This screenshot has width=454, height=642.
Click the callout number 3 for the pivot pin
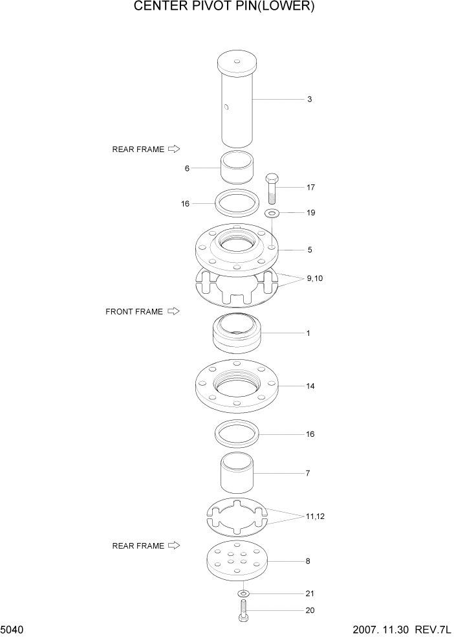point(310,99)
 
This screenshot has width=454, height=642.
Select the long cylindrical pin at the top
point(237,104)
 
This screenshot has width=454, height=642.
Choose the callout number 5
point(310,249)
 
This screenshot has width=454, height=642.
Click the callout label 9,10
point(315,278)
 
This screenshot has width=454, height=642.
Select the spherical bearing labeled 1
point(237,333)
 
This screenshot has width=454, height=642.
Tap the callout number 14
point(310,386)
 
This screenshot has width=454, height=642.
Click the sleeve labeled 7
point(237,474)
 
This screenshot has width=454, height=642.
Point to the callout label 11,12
point(316,516)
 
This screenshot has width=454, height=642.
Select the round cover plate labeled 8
point(237,562)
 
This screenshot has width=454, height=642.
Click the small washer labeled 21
point(243,593)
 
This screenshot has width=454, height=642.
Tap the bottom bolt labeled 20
point(243,610)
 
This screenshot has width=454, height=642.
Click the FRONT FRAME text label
point(134,311)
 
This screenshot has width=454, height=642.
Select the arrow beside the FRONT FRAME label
point(173,311)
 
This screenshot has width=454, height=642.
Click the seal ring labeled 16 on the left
point(237,203)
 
